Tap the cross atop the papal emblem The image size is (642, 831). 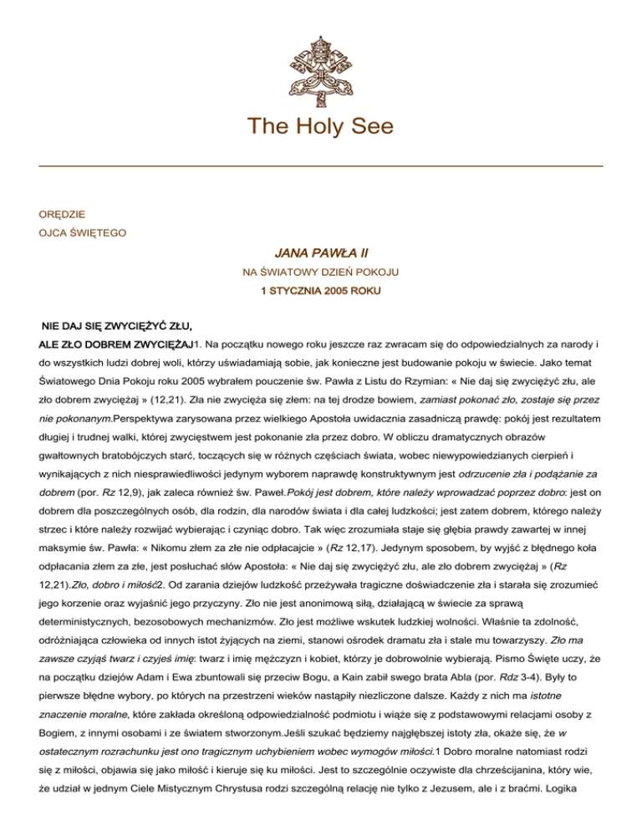[x=321, y=16]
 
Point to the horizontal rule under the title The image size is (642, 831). [x=321, y=166]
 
